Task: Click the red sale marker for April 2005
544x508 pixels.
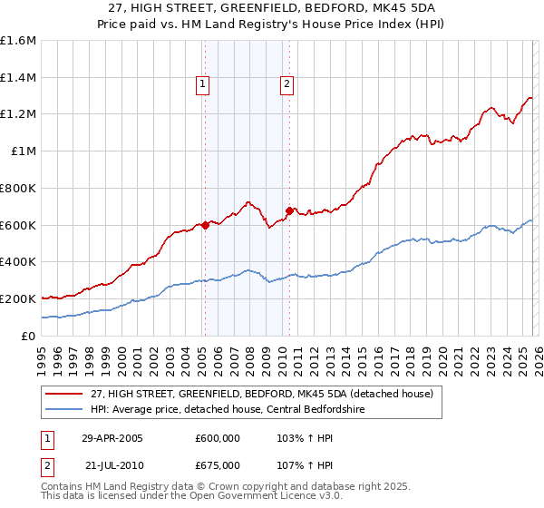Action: click(205, 225)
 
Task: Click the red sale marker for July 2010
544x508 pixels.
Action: click(289, 210)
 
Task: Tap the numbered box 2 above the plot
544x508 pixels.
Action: click(287, 85)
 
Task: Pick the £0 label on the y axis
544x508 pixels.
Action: click(28, 336)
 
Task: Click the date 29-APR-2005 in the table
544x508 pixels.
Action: click(112, 438)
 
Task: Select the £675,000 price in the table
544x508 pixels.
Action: click(217, 464)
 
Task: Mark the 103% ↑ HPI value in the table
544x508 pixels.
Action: click(296, 438)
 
